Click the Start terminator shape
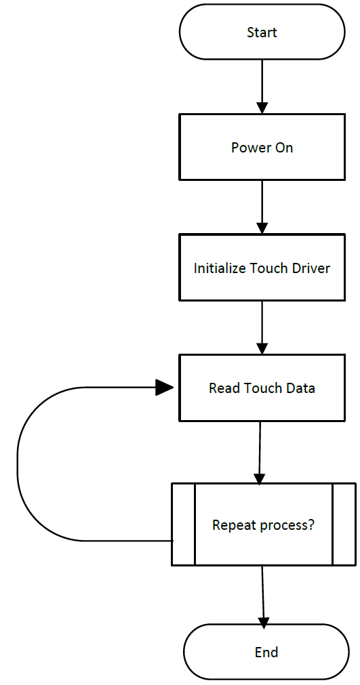click(262, 32)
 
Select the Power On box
click(262, 147)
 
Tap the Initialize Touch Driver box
click(262, 268)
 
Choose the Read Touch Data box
click(262, 388)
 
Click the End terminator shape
click(266, 652)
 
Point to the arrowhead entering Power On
click(262, 108)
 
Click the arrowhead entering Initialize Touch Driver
click(262, 228)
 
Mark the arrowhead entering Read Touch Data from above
click(262, 349)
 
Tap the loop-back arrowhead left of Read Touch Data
click(165, 388)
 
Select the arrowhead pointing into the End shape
click(264, 619)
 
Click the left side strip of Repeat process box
click(183, 524)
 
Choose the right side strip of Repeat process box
click(344, 524)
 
